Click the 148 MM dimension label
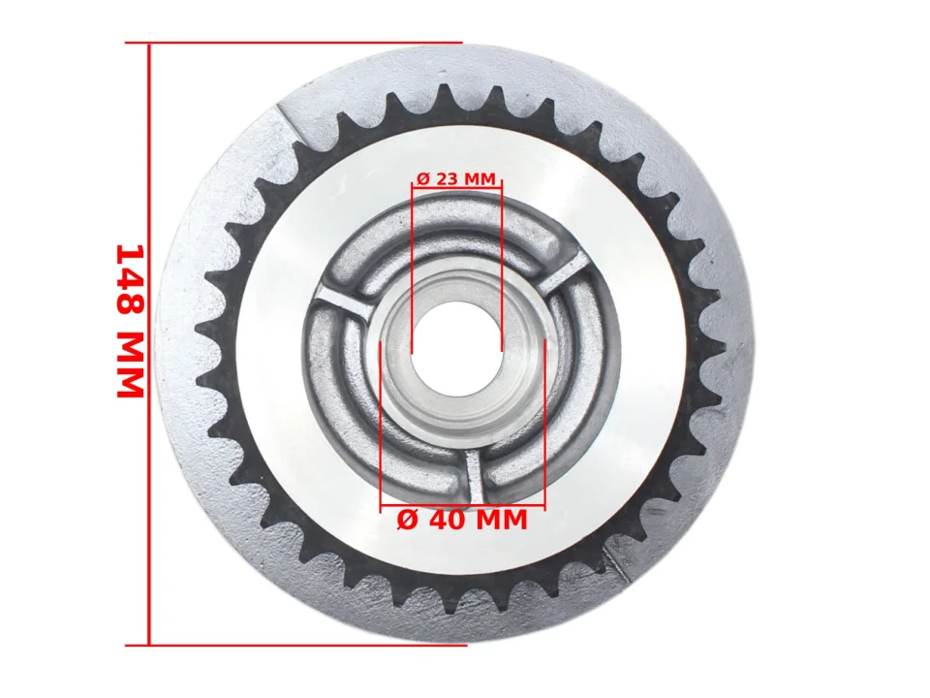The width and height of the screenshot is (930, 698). pyautogui.click(x=130, y=321)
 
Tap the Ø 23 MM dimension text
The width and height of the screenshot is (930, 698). pyautogui.click(x=456, y=178)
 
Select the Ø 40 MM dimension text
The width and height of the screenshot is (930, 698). pyautogui.click(x=462, y=520)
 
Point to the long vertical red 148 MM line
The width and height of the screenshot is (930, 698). pyautogui.click(x=149, y=343)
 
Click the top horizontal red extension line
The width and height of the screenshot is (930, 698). pyautogui.click(x=294, y=44)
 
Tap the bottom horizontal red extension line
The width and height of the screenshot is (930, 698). pyautogui.click(x=296, y=645)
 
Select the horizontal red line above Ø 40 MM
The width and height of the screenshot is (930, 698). pyautogui.click(x=462, y=506)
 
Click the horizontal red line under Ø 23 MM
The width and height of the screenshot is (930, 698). pyautogui.click(x=456, y=186)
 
